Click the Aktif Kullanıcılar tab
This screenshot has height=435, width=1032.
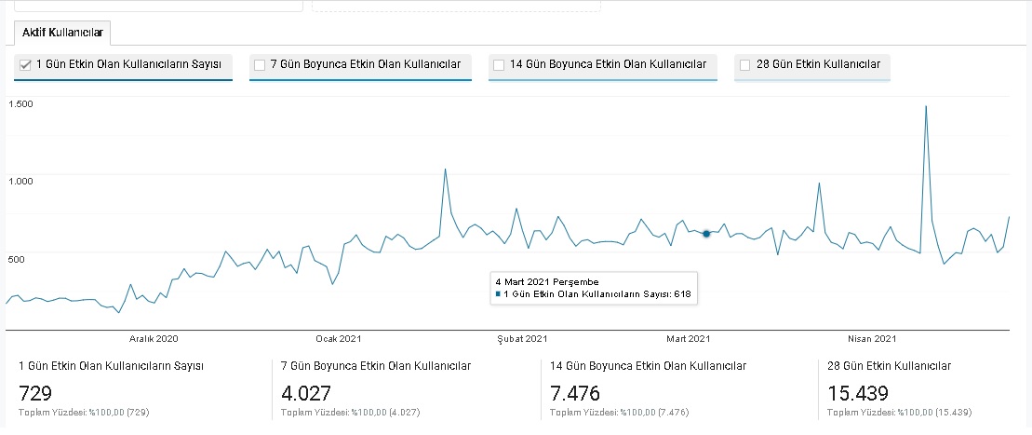(62, 33)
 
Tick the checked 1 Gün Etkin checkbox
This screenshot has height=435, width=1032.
(26, 64)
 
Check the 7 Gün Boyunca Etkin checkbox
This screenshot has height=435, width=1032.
(260, 64)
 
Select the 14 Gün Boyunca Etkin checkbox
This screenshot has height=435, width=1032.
(499, 64)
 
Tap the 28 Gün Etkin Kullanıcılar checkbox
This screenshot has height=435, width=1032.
(745, 64)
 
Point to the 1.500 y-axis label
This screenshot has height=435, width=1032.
(20, 104)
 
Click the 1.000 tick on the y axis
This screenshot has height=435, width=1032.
(20, 182)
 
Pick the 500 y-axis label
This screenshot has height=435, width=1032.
(17, 260)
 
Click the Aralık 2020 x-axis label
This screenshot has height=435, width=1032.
(154, 339)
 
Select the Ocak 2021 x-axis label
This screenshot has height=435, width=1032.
(339, 339)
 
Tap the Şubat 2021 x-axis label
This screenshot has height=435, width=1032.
(522, 339)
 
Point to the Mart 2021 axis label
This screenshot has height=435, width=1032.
(688, 339)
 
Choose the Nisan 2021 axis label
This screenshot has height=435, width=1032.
(872, 339)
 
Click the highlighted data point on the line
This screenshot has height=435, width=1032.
(706, 233)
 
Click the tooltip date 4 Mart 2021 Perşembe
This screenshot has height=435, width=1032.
(547, 282)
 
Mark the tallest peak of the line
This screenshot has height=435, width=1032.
(926, 106)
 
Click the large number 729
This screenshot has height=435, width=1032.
(35, 393)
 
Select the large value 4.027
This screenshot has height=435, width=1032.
(306, 393)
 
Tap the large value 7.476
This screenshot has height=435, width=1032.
(574, 393)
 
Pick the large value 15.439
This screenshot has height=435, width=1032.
(858, 393)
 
